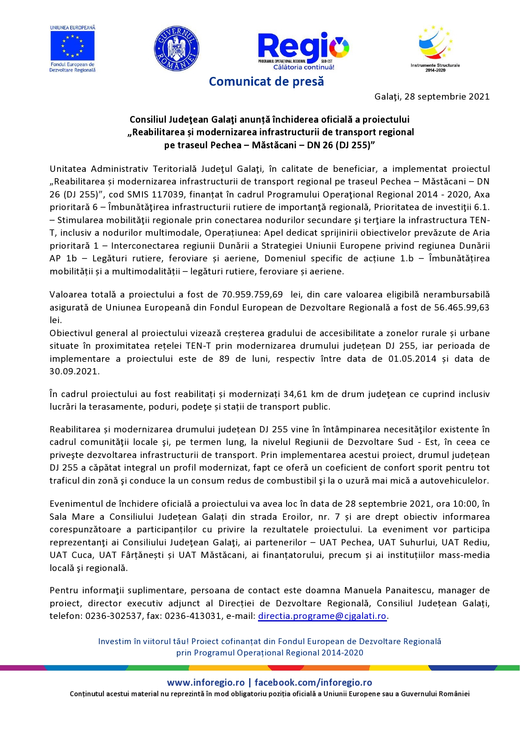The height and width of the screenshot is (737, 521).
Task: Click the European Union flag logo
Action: tap(72, 46)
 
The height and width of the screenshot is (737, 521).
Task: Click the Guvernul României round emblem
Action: tap(176, 49)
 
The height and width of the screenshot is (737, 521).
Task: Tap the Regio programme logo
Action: tap(303, 50)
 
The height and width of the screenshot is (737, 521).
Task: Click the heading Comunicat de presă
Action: tap(266, 82)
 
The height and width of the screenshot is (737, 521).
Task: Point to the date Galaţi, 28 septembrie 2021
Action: tap(432, 97)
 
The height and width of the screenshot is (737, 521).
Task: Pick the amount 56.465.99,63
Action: tap(461, 308)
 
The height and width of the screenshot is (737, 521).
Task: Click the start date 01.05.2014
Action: tap(412, 359)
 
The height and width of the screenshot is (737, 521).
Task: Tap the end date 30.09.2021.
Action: tap(74, 371)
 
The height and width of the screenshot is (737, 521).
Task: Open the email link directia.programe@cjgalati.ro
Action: tap(322, 616)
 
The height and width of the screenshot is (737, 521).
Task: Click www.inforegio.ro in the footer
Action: tap(205, 682)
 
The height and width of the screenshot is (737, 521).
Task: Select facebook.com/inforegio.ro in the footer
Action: tap(313, 682)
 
